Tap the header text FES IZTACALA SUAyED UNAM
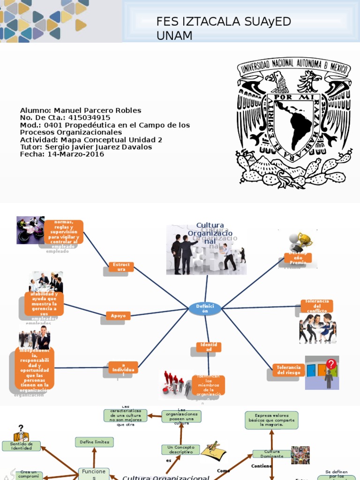pos(224,28)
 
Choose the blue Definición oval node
pos(205,308)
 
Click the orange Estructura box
pos(121,267)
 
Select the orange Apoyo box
pos(118,316)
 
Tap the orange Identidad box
pos(209,347)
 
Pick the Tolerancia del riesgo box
pos(288,370)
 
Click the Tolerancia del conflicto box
pos(316,306)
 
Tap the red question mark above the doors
pos(331,364)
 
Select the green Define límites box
pos(94,442)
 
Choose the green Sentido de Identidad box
pos(21,446)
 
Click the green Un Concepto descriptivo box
pos(180,450)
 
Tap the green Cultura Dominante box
pos(271,454)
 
